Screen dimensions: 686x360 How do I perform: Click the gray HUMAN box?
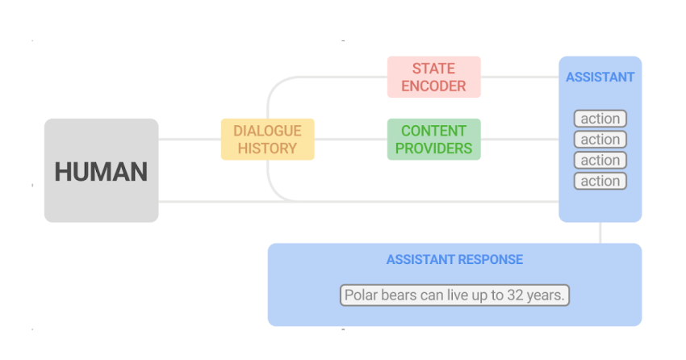[101, 170]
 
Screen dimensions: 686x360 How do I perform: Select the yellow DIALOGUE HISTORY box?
[267, 139]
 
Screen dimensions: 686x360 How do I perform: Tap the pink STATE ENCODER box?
[433, 77]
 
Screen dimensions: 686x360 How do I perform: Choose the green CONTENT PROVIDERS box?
[433, 139]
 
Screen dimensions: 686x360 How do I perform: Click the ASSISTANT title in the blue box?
[600, 77]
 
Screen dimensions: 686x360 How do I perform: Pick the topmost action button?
[600, 119]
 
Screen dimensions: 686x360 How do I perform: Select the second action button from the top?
[600, 140]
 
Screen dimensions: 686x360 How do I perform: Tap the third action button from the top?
[600, 160]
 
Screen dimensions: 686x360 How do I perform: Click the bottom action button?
[600, 181]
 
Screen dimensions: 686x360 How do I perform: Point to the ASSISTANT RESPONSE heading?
[454, 259]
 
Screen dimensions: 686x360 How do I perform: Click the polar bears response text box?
[454, 295]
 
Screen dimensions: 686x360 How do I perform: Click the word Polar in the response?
[362, 295]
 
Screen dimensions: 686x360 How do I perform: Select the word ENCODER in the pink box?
[433, 86]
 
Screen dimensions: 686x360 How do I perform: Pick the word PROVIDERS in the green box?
[433, 149]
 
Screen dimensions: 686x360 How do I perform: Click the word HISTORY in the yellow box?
[267, 149]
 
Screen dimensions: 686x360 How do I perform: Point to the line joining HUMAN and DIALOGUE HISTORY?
[190, 139]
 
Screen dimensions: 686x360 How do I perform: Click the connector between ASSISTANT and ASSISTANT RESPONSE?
[600, 232]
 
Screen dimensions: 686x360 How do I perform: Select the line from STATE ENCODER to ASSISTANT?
[519, 77]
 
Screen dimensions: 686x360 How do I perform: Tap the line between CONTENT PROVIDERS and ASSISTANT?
[519, 139]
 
